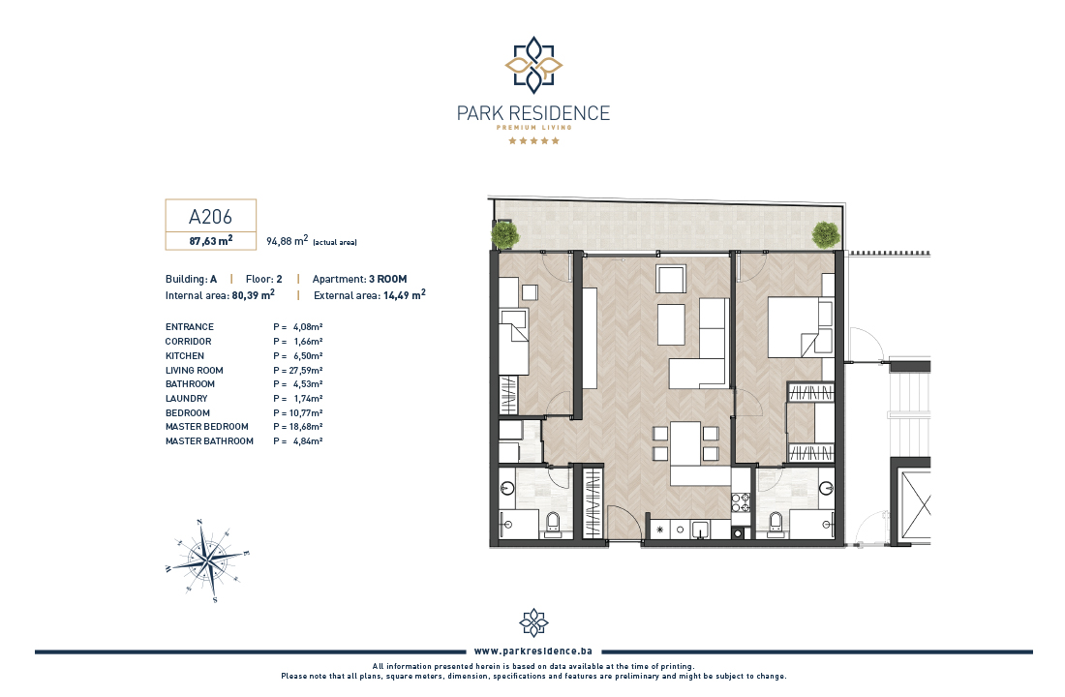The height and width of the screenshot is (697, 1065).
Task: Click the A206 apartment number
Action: (210, 217)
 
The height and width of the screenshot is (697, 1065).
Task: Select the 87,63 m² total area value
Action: (210, 240)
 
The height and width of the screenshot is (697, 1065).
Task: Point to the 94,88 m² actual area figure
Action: (288, 241)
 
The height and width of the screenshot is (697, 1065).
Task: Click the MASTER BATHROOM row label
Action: (209, 440)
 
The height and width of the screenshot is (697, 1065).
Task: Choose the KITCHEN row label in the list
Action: (185, 356)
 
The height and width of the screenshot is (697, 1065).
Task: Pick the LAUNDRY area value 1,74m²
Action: (308, 399)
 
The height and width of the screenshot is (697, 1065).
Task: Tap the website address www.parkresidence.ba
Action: (533, 651)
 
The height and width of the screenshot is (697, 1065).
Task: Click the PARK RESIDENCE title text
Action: (533, 112)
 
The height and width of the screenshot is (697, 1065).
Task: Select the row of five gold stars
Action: (533, 140)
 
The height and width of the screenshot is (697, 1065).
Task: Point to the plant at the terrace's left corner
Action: (504, 233)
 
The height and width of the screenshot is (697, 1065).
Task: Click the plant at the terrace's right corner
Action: (826, 235)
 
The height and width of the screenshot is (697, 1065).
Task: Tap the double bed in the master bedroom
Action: (800, 327)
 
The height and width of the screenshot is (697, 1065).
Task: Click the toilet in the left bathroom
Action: (553, 524)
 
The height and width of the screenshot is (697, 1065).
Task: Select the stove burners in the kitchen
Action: (740, 502)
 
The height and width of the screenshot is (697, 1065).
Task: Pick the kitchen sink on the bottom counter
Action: (700, 529)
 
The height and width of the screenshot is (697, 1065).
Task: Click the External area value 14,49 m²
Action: (404, 295)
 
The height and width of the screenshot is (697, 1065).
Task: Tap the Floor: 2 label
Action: (263, 279)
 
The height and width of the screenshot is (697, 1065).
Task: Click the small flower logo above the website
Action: (533, 622)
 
